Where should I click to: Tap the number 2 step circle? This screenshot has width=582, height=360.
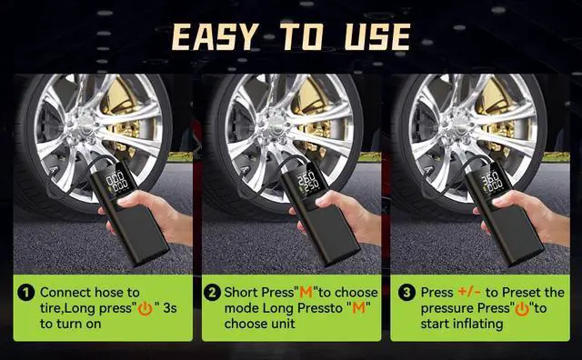click(212, 293)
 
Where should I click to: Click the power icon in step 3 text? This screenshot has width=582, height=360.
click(522, 309)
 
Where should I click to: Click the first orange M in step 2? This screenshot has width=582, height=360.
click(306, 293)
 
